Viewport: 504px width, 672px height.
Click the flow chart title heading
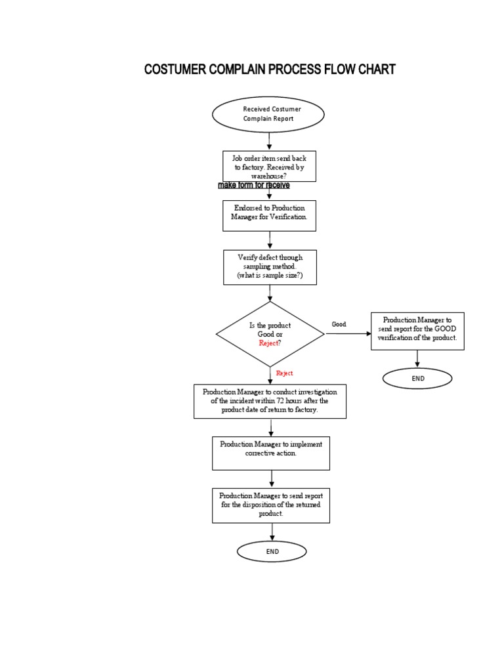[270, 70]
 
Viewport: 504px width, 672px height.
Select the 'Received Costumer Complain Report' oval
[268, 114]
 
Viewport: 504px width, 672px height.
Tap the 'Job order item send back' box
[269, 167]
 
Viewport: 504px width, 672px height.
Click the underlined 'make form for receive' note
[253, 186]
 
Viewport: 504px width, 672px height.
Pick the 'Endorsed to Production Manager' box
[269, 216]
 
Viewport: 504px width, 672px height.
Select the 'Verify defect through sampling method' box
[270, 267]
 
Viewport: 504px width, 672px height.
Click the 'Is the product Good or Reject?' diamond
[270, 334]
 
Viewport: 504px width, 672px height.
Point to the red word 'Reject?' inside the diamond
[270, 343]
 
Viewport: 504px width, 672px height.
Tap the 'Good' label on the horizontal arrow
[339, 324]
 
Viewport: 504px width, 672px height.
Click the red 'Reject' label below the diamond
[284, 373]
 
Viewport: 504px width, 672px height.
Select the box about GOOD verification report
[417, 331]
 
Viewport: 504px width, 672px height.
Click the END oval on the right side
[418, 379]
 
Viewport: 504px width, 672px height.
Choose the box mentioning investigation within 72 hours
[270, 401]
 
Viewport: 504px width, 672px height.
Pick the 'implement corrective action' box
[271, 453]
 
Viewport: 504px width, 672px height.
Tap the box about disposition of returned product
[270, 505]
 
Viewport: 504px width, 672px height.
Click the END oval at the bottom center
[272, 552]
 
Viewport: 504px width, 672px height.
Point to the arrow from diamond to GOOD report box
[348, 333]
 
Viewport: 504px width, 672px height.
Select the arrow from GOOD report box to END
[418, 358]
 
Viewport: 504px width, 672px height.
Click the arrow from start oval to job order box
[269, 140]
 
